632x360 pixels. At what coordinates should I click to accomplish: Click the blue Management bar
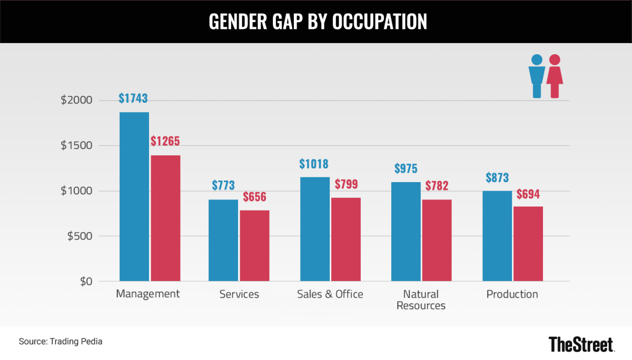tap(134, 197)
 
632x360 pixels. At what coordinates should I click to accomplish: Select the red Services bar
tap(254, 246)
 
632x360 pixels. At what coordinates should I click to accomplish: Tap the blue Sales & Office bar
tap(315, 229)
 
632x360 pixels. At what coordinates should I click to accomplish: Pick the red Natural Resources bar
tap(437, 241)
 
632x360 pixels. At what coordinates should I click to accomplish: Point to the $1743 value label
tap(133, 98)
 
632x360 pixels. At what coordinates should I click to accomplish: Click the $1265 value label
tap(165, 142)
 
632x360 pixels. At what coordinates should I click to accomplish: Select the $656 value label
tap(254, 197)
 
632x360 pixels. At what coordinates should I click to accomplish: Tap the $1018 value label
tap(314, 164)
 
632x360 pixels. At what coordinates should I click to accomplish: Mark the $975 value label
tap(406, 169)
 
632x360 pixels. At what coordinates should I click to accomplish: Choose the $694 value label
tap(528, 194)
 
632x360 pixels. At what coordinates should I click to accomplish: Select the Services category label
tap(239, 294)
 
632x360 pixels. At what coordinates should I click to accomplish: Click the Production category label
tap(512, 294)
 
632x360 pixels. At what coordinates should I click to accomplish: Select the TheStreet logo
tap(581, 344)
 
